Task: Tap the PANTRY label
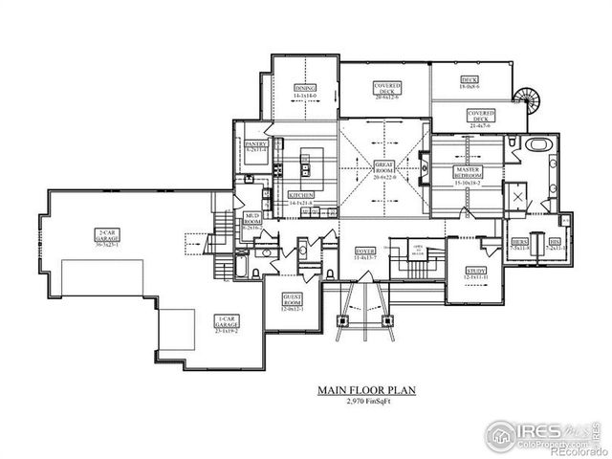coord(254,145)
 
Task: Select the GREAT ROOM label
coord(385,168)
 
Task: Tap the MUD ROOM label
coord(252,222)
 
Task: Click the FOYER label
coord(365,252)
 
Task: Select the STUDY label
coord(474,273)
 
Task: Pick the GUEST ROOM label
coord(293,304)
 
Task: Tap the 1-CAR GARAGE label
coord(227,325)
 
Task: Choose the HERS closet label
coord(520,244)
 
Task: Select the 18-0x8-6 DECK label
coord(469,84)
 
